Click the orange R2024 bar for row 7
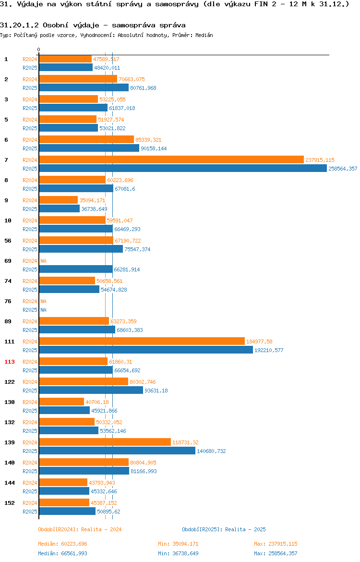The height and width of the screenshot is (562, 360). tap(171, 160)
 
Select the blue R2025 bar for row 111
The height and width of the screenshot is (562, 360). tap(146, 350)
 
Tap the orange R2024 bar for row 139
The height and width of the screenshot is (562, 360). tap(105, 442)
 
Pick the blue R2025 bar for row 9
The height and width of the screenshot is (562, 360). tap(60, 209)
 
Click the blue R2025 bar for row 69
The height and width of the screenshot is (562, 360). tap(75, 269)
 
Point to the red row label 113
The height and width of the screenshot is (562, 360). tap(9, 362)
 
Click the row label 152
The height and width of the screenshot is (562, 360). tap(9, 503)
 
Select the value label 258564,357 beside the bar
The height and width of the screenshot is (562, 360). tap(343, 169)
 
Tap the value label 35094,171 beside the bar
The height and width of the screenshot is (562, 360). tap(92, 200)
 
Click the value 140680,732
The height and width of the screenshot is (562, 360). tap(211, 451)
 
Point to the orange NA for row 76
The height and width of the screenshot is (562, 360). tap(43, 302)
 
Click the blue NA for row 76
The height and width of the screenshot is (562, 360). tap(43, 310)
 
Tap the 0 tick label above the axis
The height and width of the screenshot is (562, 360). tap(39, 50)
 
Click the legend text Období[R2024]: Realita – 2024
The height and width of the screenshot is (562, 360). tap(80, 529)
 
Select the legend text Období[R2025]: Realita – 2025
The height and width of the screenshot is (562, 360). tap(224, 529)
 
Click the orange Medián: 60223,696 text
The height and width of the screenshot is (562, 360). tap(63, 544)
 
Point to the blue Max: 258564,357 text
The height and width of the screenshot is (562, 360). tap(276, 554)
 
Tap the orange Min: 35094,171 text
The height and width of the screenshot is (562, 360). tap(179, 544)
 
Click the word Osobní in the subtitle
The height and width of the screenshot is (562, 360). tap(56, 25)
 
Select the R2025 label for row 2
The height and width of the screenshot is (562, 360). tap(30, 88)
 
